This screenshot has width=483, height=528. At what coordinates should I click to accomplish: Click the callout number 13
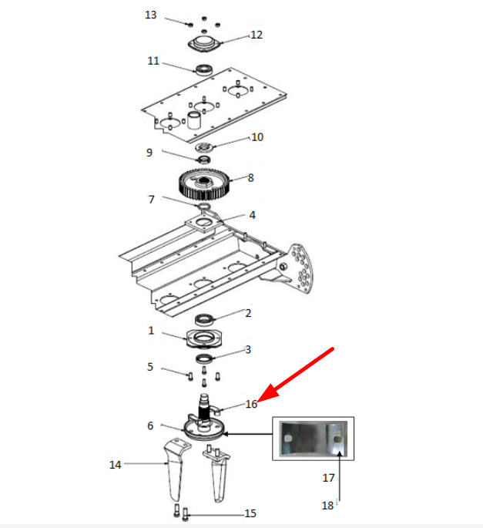(x=151, y=15)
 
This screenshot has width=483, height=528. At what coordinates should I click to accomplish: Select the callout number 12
(x=257, y=35)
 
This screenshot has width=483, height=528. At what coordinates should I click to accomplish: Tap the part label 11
(x=153, y=61)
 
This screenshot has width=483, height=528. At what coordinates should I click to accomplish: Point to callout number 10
(x=257, y=137)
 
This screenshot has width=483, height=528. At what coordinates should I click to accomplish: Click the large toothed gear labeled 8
(x=204, y=184)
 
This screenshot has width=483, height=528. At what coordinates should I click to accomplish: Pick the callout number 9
(x=149, y=153)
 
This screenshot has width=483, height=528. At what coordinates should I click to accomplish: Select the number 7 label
(x=152, y=200)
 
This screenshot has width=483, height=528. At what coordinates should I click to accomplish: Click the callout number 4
(x=253, y=215)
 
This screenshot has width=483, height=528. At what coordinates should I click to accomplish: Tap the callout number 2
(x=248, y=313)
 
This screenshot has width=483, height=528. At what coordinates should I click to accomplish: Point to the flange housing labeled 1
(x=204, y=338)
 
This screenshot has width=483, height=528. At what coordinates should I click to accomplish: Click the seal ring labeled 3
(x=204, y=359)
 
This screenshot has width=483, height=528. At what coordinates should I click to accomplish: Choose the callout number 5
(x=150, y=367)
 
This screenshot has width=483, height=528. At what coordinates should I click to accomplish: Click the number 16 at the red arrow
(x=251, y=404)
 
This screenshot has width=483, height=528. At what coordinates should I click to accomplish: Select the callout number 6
(x=150, y=425)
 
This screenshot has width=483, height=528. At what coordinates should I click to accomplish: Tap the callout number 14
(x=115, y=465)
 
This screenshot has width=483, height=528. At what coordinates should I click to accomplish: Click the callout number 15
(x=250, y=513)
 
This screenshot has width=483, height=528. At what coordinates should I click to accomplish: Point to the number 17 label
(x=328, y=477)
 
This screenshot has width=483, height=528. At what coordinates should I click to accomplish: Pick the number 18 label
(x=328, y=505)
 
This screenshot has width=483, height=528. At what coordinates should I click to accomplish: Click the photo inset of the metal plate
(x=313, y=439)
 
